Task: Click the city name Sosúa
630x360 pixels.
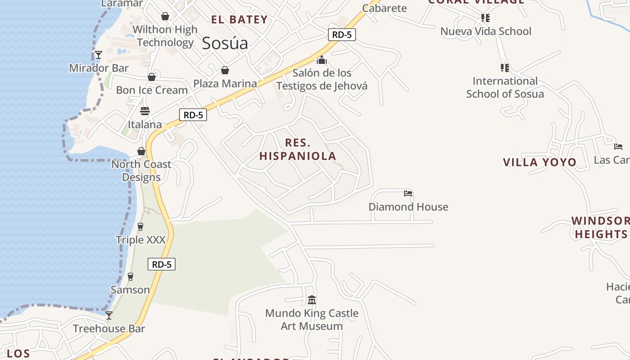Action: tap(225, 43)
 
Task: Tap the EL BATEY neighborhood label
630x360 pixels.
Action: tap(239, 19)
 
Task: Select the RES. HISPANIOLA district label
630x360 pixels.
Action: tap(298, 149)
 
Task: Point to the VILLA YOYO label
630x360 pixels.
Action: tap(540, 162)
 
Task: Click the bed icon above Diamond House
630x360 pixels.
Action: tap(408, 193)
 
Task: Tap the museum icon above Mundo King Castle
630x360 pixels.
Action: tap(311, 300)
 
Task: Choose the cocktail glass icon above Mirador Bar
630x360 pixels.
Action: tap(99, 55)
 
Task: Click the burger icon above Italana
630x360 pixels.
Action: tap(144, 111)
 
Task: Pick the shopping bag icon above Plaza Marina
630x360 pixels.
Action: tap(225, 70)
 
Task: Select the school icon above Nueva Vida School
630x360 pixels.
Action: tap(485, 18)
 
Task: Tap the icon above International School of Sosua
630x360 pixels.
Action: tap(504, 68)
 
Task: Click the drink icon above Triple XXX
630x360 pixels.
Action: tap(140, 226)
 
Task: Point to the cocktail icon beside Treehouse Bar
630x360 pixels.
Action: tap(109, 315)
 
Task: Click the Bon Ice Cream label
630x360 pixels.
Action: tap(152, 90)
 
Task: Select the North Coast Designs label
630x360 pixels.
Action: tap(141, 171)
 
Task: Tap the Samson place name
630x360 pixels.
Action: tap(130, 290)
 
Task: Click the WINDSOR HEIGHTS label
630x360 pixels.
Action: tap(600, 227)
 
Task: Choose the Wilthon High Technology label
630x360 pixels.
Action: tap(165, 36)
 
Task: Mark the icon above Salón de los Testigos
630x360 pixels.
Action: tap(322, 59)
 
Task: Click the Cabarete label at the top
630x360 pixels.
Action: tap(384, 8)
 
